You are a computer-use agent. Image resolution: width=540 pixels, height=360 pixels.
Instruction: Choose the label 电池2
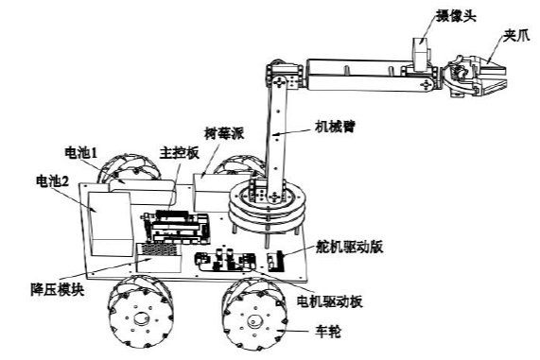[54, 179]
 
